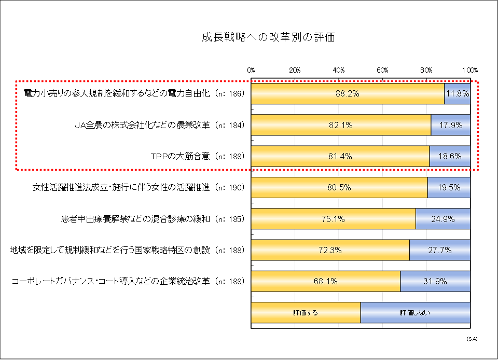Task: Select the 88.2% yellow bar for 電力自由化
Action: [x=348, y=94]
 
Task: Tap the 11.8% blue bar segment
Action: [x=457, y=94]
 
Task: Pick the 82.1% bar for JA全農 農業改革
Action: [x=341, y=125]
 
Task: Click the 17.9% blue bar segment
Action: [x=450, y=125]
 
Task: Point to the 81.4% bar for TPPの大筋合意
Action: [x=340, y=156]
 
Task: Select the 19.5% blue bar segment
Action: [x=449, y=188]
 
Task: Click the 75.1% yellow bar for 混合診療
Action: [x=333, y=219]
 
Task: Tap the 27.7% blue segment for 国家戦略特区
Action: [x=440, y=250]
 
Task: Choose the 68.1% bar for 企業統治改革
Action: [x=325, y=281]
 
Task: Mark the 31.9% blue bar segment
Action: [x=435, y=281]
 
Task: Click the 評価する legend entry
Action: [x=306, y=313]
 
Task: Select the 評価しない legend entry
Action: [x=415, y=313]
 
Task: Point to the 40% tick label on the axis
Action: [x=339, y=70]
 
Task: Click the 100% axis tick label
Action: [x=470, y=70]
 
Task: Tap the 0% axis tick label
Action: [x=251, y=70]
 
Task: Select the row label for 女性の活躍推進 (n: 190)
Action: [x=138, y=188]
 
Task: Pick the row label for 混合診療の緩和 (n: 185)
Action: [x=152, y=219]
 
